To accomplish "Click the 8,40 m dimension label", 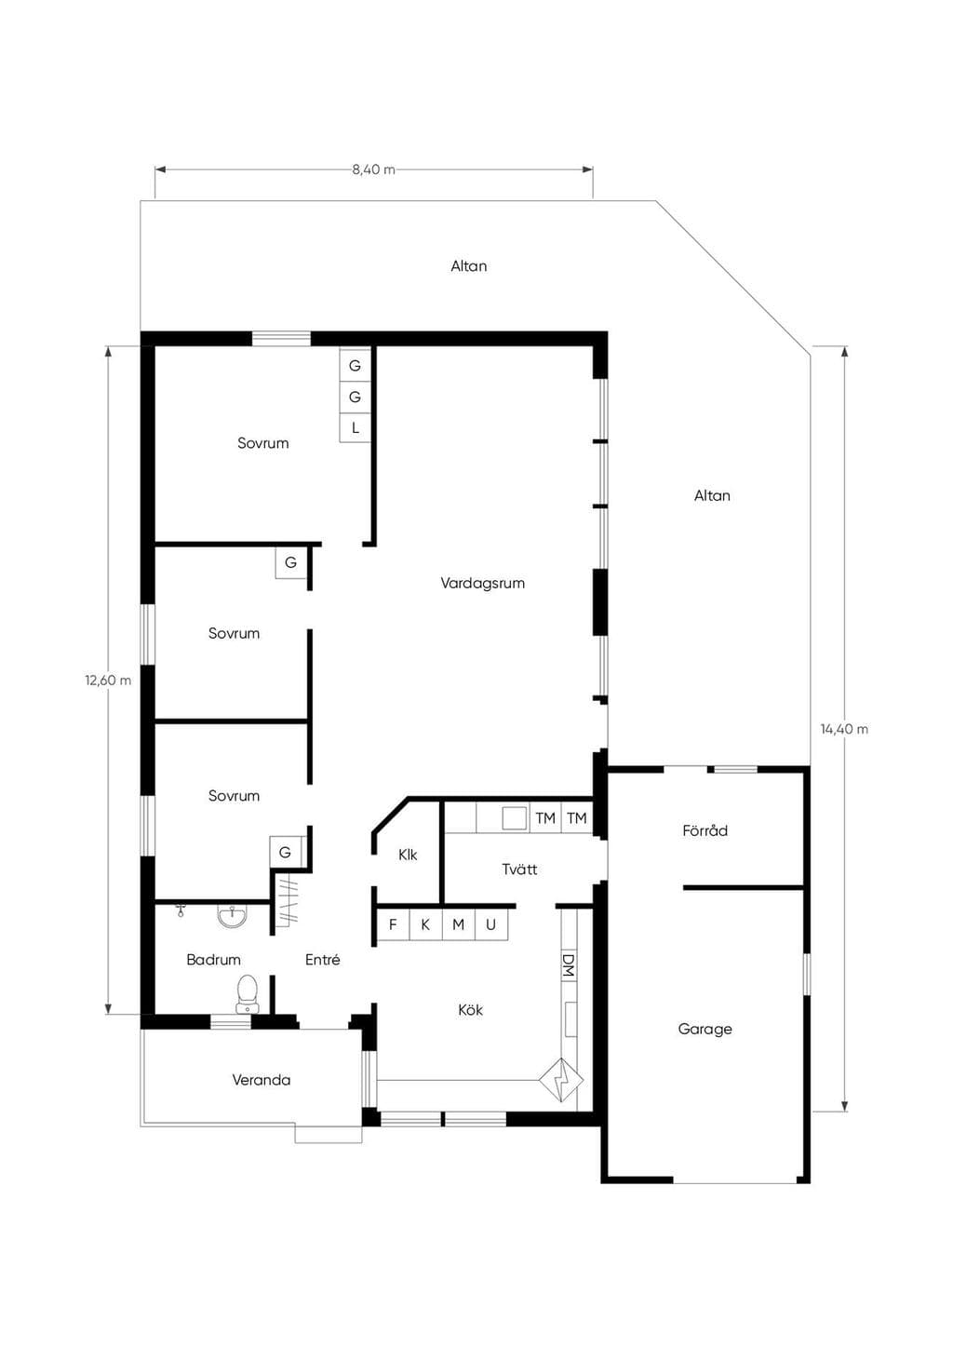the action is click(x=373, y=169).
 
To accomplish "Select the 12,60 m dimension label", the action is click(x=108, y=681).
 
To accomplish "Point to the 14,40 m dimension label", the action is click(x=845, y=729).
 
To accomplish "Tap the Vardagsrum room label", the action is click(x=482, y=583).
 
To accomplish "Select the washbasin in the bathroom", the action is click(x=232, y=917).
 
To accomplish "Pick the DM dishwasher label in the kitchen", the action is click(x=568, y=964).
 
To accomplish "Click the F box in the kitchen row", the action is click(x=393, y=924).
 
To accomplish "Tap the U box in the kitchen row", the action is click(x=491, y=924).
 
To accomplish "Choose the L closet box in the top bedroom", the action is click(x=355, y=428).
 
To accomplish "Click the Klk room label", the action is click(x=408, y=855).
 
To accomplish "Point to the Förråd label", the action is click(x=705, y=830).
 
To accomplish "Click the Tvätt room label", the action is click(x=520, y=869).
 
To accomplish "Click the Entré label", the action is click(x=323, y=960).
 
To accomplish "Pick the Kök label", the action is click(x=471, y=1010).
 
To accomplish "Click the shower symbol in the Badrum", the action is click(x=180, y=910).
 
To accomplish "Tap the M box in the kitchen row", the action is click(x=459, y=924).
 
